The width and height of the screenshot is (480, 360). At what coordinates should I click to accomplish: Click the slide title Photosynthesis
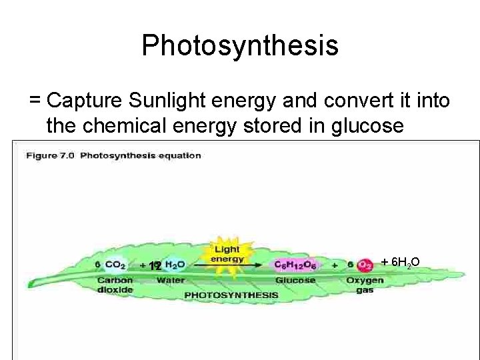tap(240, 46)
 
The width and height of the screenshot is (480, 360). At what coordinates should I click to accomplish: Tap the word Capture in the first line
tap(84, 101)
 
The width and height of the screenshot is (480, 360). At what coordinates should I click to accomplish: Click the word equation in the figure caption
tap(179, 155)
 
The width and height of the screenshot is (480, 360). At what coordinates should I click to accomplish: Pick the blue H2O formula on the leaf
tap(174, 265)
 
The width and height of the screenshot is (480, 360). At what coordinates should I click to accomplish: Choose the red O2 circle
tap(365, 265)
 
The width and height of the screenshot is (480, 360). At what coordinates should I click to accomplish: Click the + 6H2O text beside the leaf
tap(399, 261)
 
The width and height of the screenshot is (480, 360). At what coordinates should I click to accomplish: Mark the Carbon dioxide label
tap(115, 285)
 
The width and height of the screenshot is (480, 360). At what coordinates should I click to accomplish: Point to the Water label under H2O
tap(171, 280)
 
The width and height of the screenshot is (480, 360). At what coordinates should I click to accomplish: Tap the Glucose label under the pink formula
tap(295, 280)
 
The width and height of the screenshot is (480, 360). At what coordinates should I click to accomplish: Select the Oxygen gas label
tap(365, 285)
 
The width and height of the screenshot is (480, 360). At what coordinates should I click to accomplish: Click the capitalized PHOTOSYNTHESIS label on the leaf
tap(231, 294)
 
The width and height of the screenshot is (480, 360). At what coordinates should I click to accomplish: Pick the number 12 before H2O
tap(155, 266)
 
